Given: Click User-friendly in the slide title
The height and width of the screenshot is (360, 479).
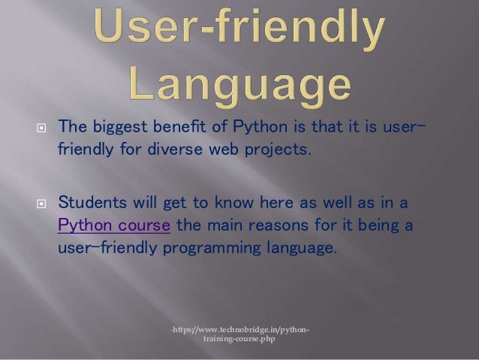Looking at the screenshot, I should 239,32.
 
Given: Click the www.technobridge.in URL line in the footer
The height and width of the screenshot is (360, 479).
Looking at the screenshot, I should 239,329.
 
